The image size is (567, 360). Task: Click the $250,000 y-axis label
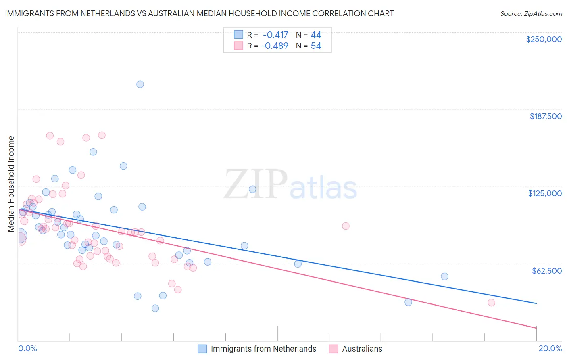coord(544,39)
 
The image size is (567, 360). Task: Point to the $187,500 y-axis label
coord(545,116)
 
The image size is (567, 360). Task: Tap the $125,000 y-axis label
coord(545,193)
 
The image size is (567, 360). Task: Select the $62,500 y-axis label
coord(547,271)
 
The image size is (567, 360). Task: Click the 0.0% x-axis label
coord(27,348)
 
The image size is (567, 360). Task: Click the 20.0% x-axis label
coord(550,348)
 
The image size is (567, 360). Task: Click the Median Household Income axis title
coord(11,184)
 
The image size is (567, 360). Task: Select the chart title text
coord(199,13)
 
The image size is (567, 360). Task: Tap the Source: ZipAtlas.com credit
coord(531,14)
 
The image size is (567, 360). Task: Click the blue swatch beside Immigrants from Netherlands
coord(202,349)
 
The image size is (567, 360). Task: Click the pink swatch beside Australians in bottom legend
coord(334,349)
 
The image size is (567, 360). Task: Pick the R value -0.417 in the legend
coord(275,35)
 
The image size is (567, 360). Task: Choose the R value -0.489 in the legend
coord(275,46)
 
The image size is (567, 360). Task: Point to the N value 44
coord(316,35)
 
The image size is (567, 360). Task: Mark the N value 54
coord(316,46)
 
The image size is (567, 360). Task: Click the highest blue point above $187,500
coord(140,84)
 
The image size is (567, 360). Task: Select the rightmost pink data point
coord(491,303)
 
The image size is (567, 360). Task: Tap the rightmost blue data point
coord(444,276)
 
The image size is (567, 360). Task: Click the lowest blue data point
coord(155,308)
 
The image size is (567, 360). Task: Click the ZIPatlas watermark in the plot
coord(290,185)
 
